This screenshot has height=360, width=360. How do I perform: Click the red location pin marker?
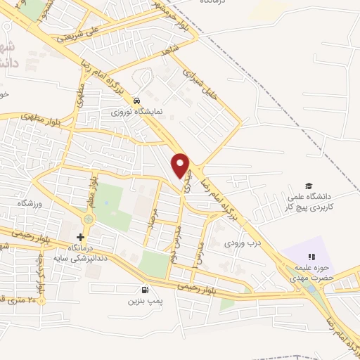point(181,165)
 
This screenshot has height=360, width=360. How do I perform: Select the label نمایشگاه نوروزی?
point(139,111)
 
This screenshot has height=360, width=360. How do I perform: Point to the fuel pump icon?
point(145,290)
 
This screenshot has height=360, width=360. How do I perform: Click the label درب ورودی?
point(238,243)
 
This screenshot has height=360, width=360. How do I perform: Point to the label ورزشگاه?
point(31,203)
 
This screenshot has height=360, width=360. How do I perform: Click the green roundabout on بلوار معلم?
point(87,220)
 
